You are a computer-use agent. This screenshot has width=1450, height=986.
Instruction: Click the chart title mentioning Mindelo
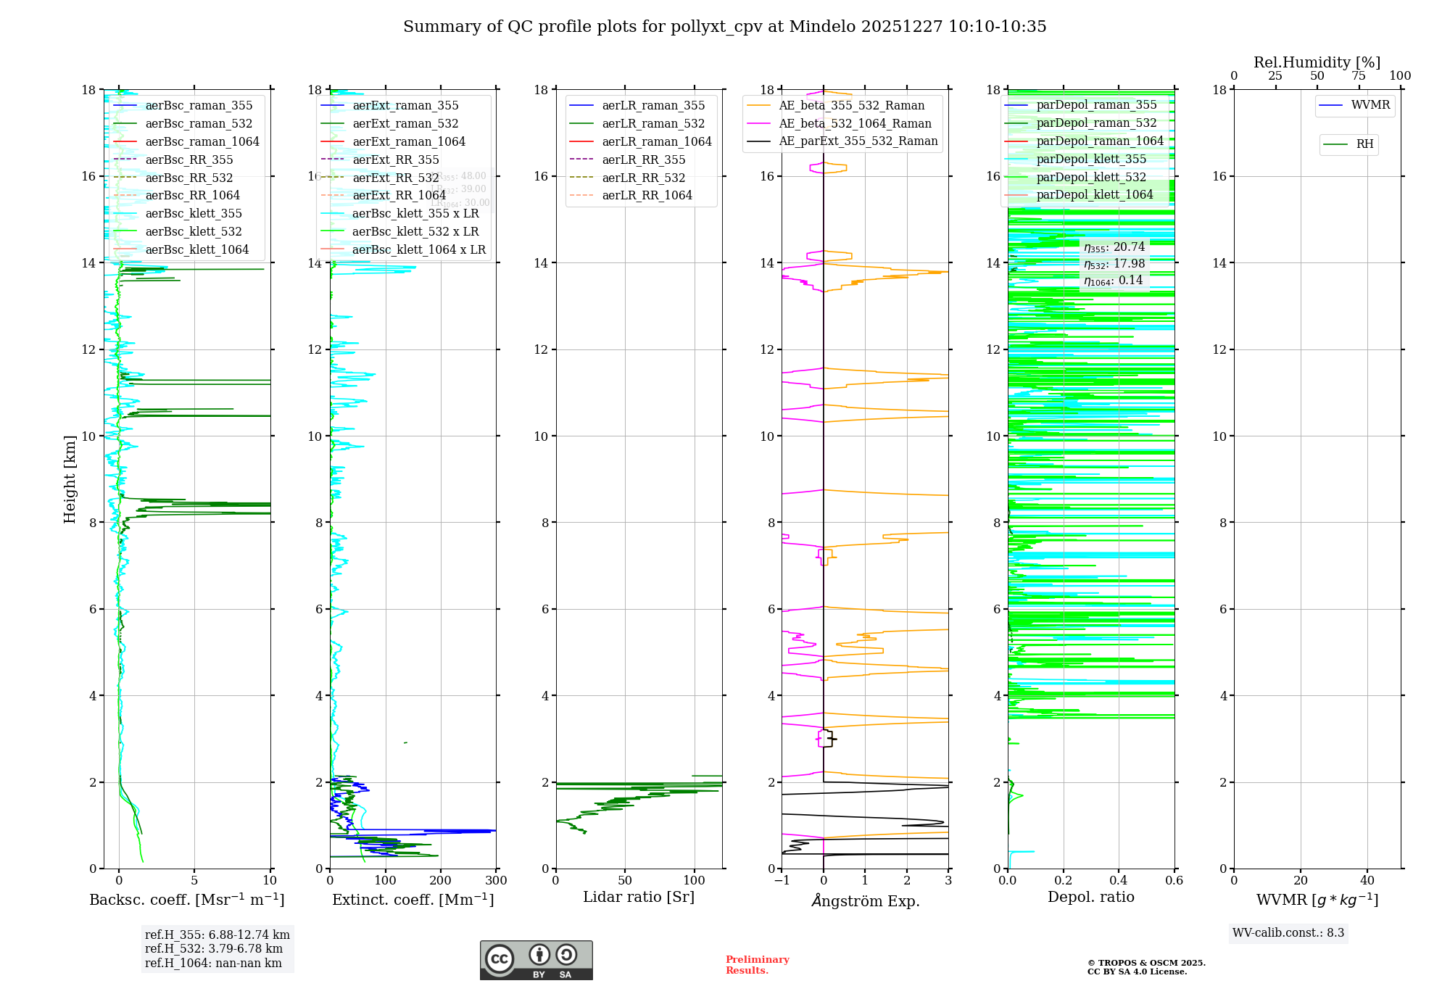724,27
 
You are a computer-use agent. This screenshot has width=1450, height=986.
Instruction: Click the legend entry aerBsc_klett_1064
196,250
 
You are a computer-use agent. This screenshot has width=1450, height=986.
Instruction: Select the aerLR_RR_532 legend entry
643,178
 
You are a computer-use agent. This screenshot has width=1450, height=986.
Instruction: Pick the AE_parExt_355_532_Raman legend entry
858,141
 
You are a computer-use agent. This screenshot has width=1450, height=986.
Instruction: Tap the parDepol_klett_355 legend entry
1091,159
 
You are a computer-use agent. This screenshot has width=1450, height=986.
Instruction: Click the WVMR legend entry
1370,105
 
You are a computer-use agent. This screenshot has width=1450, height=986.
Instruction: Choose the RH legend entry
1364,144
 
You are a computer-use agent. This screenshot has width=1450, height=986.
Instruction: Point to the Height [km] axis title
70,479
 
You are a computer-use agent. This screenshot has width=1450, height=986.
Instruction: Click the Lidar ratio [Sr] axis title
639,898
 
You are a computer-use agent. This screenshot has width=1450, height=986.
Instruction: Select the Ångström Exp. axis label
865,901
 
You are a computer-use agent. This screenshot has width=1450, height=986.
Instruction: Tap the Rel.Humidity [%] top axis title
1317,62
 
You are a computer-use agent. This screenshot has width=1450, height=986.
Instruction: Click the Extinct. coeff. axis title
413,900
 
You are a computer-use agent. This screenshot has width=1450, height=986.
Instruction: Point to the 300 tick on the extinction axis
497,881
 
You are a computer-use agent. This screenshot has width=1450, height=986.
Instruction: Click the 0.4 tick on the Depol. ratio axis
1119,881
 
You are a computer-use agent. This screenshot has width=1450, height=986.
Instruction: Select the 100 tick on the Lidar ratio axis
695,881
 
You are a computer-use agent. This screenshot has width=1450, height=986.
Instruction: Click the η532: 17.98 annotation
1114,264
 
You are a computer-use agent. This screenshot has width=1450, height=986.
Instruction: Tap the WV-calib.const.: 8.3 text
1288,933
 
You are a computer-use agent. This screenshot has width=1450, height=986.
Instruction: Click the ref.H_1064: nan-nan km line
213,964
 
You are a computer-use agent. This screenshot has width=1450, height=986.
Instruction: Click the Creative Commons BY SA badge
536,961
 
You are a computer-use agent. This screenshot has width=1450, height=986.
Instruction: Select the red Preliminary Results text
757,965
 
